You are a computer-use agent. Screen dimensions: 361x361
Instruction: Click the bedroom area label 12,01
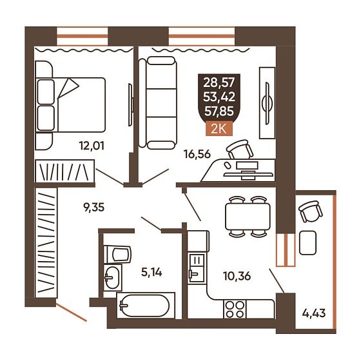pyautogui.click(x=92, y=146)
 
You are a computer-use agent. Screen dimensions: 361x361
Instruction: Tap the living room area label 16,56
pyautogui.click(x=197, y=154)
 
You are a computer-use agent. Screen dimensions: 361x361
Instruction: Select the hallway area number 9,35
pyautogui.click(x=93, y=207)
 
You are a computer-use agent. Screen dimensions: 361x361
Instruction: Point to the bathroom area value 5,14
pyautogui.click(x=151, y=272)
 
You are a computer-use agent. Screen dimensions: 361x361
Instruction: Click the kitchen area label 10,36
pyautogui.click(x=237, y=276)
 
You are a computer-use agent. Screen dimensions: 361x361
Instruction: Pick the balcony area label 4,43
pyautogui.click(x=314, y=313)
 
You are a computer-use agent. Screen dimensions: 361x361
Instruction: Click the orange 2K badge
pyautogui.click(x=219, y=130)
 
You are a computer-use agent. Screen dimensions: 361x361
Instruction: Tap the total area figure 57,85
pyautogui.click(x=219, y=111)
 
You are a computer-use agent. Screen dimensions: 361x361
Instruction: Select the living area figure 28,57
pyautogui.click(x=219, y=83)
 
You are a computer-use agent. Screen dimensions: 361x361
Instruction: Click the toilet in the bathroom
pyautogui.click(x=117, y=254)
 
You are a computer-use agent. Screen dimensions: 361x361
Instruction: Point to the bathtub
pyautogui.click(x=146, y=306)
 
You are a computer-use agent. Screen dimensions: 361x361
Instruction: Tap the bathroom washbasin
pyautogui.click(x=112, y=277)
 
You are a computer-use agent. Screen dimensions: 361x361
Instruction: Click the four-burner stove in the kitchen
pyautogui.click(x=235, y=309)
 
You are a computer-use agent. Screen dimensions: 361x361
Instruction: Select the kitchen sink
pyautogui.click(x=196, y=269)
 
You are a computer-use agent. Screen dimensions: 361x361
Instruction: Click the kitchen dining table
pyautogui.click(x=248, y=217)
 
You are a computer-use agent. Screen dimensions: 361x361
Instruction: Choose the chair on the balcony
pyautogui.click(x=311, y=211)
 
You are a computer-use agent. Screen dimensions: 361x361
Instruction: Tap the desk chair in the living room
pyautogui.click(x=240, y=149)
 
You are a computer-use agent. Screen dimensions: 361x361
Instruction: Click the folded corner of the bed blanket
pyautogui.click(x=68, y=88)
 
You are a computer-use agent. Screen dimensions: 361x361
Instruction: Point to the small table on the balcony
pyautogui.click(x=307, y=242)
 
